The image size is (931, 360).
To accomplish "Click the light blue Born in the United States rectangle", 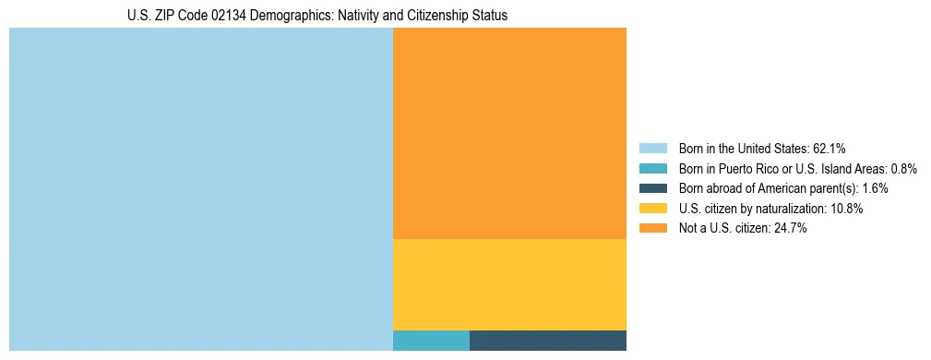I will (201, 189).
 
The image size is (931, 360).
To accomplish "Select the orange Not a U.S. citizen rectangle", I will (509, 133).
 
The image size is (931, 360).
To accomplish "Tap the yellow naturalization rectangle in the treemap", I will (509, 284).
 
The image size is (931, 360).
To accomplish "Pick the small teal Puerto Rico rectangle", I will (431, 340).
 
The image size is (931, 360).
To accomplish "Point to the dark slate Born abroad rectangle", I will (548, 340).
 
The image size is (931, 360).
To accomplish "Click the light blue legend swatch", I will (652, 148).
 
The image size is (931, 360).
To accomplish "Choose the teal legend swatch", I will (652, 168).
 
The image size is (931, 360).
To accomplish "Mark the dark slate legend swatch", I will (652, 188).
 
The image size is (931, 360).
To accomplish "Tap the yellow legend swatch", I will (652, 209).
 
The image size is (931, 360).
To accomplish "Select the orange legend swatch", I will (652, 229).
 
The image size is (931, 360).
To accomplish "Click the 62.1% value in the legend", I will (829, 148).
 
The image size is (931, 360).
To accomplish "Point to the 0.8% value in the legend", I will (903, 168).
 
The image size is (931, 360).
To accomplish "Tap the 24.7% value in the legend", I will (790, 229).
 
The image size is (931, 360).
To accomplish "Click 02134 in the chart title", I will (221, 16).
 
